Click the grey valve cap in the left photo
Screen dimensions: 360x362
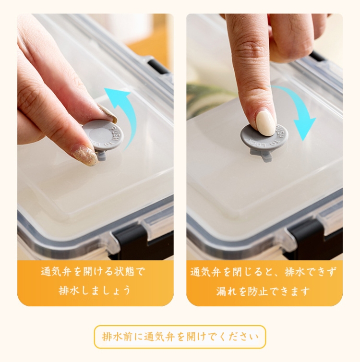tap(103, 135)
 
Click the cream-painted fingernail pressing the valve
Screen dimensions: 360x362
tap(266, 123)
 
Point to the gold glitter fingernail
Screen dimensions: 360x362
tap(84, 155)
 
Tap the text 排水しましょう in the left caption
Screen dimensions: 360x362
tap(95, 290)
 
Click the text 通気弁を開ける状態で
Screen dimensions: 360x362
tap(93, 272)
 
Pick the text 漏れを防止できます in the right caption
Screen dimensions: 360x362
tap(263, 291)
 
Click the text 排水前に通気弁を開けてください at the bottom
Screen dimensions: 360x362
tap(180, 337)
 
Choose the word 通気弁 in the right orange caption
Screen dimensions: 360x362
tap(205, 272)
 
